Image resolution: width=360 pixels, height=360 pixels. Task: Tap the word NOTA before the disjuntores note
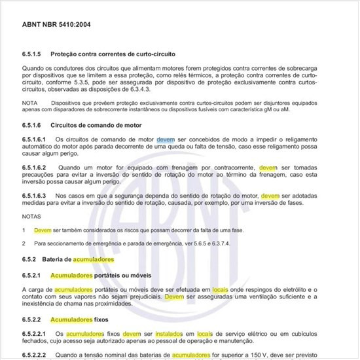click(29, 103)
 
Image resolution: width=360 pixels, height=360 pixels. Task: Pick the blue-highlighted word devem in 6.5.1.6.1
click(166, 139)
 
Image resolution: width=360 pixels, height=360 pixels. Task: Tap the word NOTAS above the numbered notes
click(31, 215)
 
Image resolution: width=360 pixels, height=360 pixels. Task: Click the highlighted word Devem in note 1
click(43, 230)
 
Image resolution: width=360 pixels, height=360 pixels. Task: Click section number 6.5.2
click(29, 259)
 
